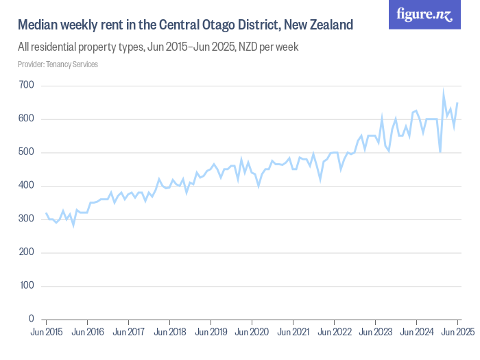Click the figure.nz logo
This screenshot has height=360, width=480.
424,14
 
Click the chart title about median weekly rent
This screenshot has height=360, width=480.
185,25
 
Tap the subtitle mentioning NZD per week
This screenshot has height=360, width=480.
158,48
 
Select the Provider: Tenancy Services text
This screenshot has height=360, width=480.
58,64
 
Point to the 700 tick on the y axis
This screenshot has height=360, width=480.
26,86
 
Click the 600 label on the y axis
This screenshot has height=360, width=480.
26,119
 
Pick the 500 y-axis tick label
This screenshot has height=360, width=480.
26,152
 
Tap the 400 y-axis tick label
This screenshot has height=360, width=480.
26,186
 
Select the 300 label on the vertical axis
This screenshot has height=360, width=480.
26,219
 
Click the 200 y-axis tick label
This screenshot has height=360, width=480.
26,252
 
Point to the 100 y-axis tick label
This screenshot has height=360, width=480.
26,286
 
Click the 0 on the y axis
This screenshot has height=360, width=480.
32,320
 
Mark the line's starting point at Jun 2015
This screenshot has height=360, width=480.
46,213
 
